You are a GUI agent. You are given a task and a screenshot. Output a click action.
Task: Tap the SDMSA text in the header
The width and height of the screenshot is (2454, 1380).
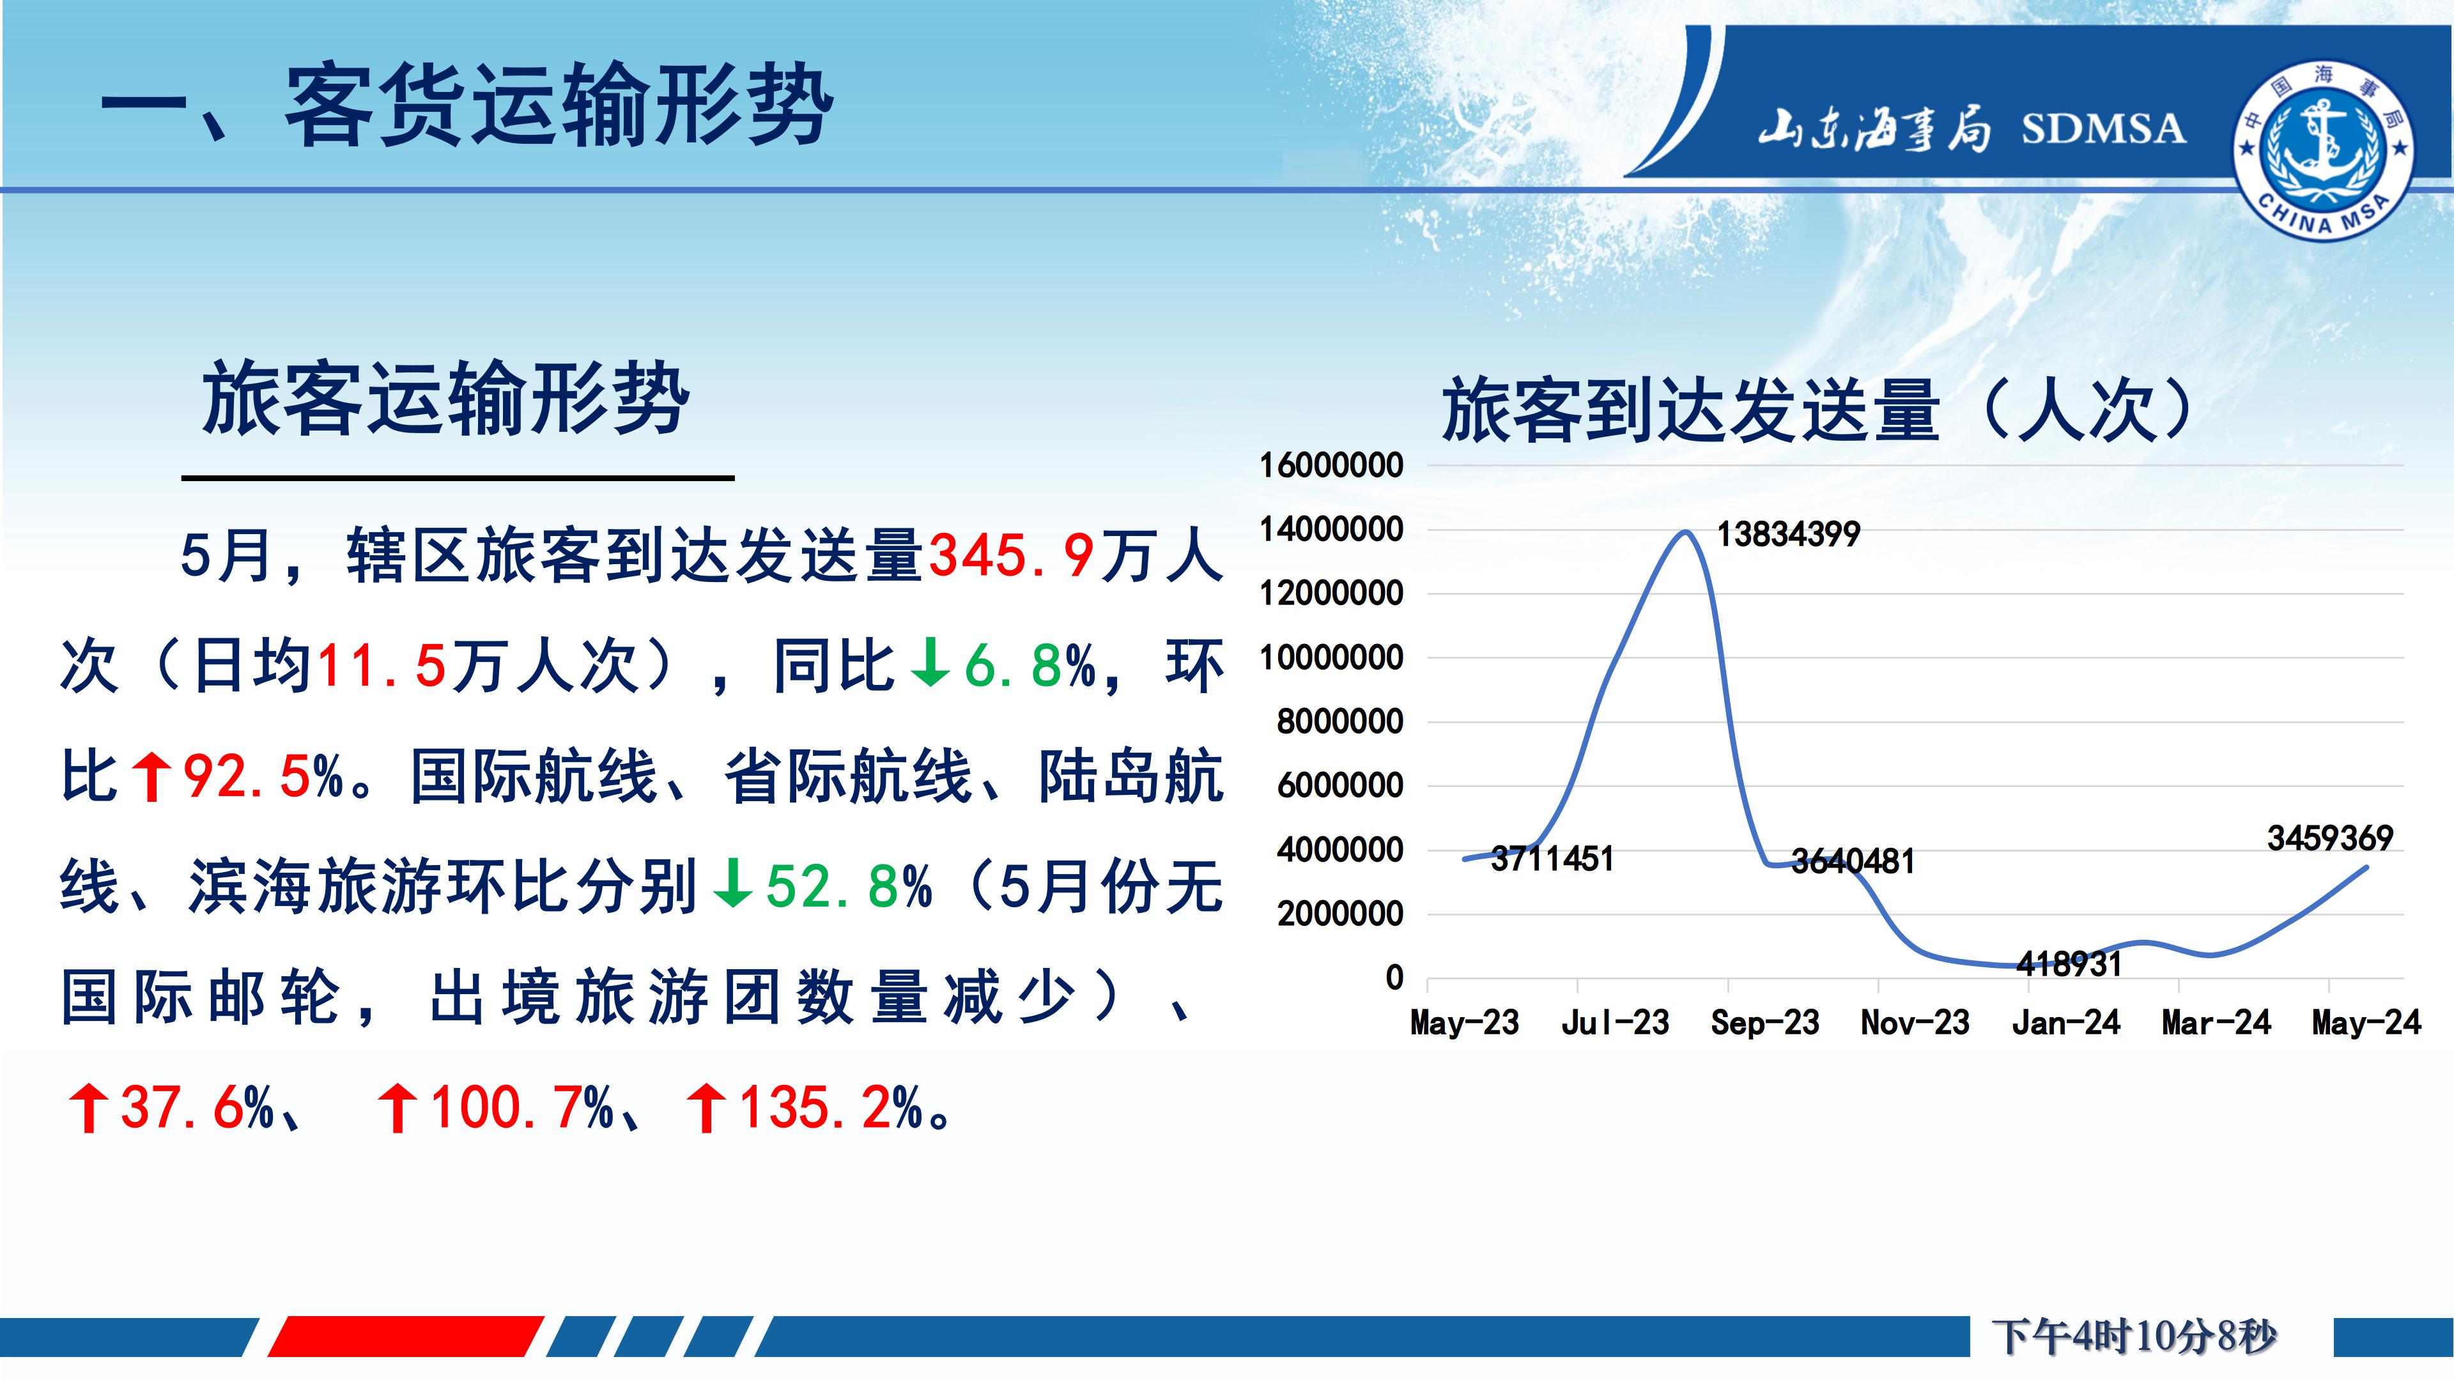point(2103,128)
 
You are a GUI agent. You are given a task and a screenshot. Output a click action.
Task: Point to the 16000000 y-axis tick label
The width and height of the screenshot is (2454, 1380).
point(1331,466)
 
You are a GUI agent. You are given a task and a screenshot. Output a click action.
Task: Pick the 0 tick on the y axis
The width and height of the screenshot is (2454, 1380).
point(1394,977)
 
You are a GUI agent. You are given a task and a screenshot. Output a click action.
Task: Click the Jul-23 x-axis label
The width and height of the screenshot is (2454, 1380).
point(1615,1023)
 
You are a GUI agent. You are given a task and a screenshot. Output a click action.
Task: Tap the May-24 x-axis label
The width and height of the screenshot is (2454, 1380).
point(2366,1023)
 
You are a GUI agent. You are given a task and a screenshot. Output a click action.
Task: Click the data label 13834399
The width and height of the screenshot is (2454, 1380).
point(1788,534)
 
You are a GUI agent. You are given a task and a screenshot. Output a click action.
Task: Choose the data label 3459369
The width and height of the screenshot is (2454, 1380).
point(2330,838)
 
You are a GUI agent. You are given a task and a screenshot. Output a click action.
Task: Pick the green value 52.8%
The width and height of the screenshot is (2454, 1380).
point(849,887)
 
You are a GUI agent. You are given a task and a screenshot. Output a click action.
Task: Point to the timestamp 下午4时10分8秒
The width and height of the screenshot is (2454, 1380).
point(2134,1336)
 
